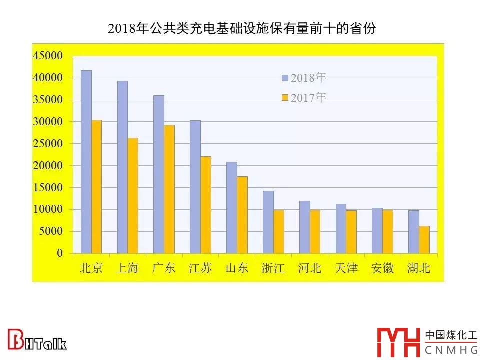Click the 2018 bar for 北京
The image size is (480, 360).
point(86,162)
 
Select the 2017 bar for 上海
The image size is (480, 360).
point(132,195)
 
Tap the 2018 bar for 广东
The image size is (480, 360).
point(159,174)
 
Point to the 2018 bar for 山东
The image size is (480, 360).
point(232,207)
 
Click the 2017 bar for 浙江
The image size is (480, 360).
point(278,231)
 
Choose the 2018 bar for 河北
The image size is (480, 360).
point(304,227)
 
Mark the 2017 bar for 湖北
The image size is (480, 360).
point(424,240)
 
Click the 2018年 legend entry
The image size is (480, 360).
point(304,78)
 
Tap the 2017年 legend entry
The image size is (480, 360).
point(304,98)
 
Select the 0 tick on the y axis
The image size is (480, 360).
point(60,253)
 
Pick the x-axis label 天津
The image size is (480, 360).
point(346,268)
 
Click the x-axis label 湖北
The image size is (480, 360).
point(419,268)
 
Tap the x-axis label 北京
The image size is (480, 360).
point(91,268)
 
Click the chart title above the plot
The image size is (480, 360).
point(241,28)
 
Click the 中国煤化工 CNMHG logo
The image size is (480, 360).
point(427,341)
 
